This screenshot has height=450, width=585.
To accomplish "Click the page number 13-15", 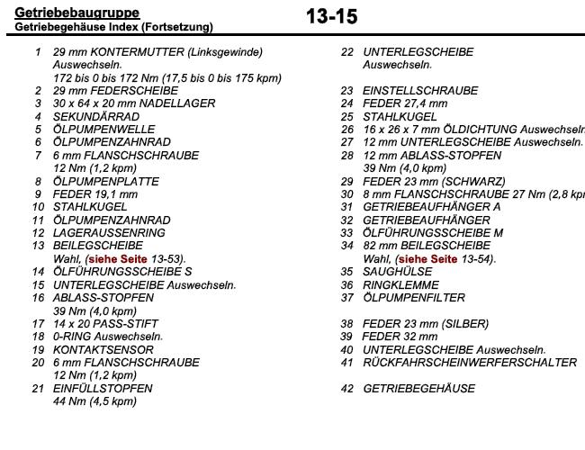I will [x=331, y=16].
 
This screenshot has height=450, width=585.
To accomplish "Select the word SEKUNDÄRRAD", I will [x=96, y=117].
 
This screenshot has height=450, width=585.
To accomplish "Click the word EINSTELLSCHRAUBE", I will [x=420, y=91].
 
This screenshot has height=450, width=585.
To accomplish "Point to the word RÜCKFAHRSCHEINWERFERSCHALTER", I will [x=470, y=363].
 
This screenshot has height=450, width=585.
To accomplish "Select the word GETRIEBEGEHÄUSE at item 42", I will [x=418, y=389].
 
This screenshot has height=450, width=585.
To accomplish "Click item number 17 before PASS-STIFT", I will [x=38, y=324].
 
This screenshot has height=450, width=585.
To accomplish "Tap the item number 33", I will [x=346, y=233].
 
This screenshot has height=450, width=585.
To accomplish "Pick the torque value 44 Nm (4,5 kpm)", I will [x=94, y=401].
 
